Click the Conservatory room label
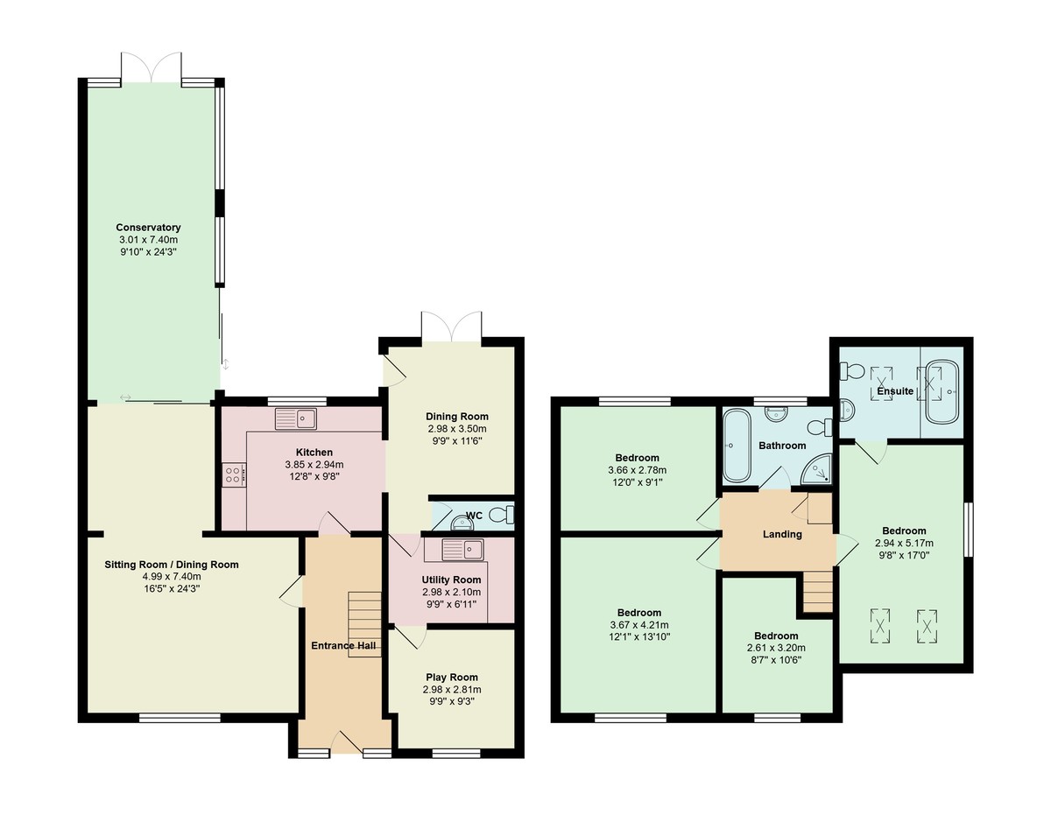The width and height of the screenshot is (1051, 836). click(x=148, y=228)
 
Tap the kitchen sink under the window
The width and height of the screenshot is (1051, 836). click(x=295, y=419)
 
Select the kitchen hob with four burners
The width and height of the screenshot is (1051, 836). click(x=234, y=474)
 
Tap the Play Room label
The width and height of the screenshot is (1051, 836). click(x=452, y=677)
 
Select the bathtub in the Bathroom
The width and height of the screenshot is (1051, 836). click(x=734, y=446)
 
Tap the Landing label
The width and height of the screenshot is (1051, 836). click(x=782, y=534)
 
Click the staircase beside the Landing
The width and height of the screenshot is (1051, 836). click(x=817, y=592)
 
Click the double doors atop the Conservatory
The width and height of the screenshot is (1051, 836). click(x=152, y=68)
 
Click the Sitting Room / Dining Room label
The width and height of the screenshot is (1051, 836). click(x=166, y=565)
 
